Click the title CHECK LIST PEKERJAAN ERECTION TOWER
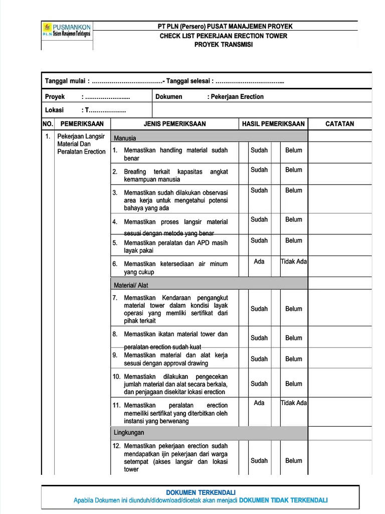223,36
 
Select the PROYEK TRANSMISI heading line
224,45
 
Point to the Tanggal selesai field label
190,81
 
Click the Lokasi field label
55,109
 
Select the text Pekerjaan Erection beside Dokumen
236,96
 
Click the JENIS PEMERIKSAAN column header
174,123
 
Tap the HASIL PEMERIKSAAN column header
273,123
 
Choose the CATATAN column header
339,123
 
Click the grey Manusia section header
125,138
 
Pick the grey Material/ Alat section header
131,285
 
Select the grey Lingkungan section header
129,432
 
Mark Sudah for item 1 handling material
259,150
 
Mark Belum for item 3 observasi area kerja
294,190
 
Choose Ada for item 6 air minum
259,262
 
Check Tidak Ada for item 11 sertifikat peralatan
294,403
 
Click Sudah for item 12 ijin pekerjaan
259,460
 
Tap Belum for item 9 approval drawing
294,359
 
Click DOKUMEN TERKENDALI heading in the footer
201,492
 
